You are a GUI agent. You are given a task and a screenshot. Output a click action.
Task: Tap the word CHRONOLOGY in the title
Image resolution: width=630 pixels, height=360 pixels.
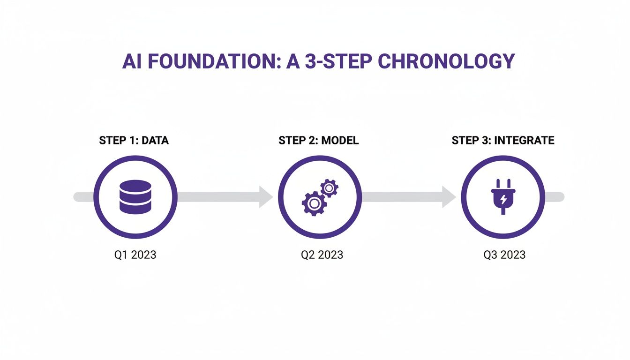click(x=446, y=61)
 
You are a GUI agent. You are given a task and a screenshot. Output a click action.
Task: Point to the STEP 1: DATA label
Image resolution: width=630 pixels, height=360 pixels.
click(x=134, y=140)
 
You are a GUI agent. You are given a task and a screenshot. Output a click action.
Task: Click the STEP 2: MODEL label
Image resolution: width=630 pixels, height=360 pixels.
click(x=319, y=140)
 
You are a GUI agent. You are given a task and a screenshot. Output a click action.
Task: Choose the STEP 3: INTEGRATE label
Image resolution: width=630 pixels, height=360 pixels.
click(x=503, y=140)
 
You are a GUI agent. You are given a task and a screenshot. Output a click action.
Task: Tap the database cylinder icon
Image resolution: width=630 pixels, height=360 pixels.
click(x=135, y=197)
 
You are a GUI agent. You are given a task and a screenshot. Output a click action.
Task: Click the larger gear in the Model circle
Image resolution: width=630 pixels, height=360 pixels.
click(x=314, y=203)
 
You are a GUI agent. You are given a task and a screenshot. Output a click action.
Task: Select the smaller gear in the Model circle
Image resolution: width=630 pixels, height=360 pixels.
click(x=329, y=188)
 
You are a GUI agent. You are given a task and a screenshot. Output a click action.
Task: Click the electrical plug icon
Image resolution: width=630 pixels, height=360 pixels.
click(x=503, y=197)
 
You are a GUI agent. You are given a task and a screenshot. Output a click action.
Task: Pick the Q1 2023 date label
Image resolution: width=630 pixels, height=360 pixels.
click(x=135, y=255)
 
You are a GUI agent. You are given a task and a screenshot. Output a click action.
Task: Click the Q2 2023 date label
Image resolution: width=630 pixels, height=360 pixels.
click(x=322, y=255)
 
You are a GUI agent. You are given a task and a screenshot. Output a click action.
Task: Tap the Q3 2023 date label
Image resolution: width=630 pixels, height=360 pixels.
click(x=504, y=255)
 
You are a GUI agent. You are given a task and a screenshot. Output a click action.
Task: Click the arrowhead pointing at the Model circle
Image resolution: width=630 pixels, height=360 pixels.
click(x=266, y=197)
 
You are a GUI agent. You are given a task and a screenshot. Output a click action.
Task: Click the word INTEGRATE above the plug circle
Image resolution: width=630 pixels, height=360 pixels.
click(x=524, y=140)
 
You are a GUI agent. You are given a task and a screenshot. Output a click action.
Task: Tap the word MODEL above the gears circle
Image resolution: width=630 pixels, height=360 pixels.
click(x=340, y=140)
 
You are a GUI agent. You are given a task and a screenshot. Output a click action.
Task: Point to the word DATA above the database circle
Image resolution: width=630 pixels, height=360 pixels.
click(x=155, y=140)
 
